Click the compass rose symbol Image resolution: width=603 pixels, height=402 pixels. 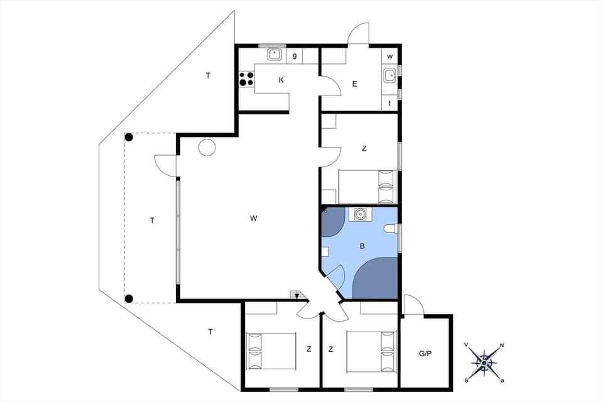(x=484, y=362)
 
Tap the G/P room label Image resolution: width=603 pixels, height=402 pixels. (x=425, y=354)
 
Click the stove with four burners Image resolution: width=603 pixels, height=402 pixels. (x=246, y=79)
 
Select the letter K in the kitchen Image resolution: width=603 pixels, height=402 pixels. (x=281, y=80)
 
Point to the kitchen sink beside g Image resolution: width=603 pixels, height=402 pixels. (x=274, y=55)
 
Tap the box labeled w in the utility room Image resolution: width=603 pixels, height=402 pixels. (x=390, y=57)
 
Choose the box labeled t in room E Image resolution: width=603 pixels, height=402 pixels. (x=390, y=103)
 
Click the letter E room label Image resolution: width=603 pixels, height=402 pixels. (x=355, y=84)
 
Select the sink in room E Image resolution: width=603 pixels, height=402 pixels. (x=389, y=77)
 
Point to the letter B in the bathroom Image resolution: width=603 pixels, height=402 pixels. (x=362, y=246)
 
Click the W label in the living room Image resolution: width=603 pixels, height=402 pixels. (x=253, y=219)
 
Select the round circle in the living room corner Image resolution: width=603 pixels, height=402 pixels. (x=207, y=148)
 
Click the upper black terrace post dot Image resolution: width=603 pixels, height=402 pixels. (x=129, y=137)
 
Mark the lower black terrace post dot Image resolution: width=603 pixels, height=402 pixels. (x=129, y=298)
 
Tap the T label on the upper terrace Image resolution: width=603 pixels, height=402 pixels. (x=208, y=75)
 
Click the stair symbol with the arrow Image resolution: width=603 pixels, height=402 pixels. (x=296, y=295)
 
